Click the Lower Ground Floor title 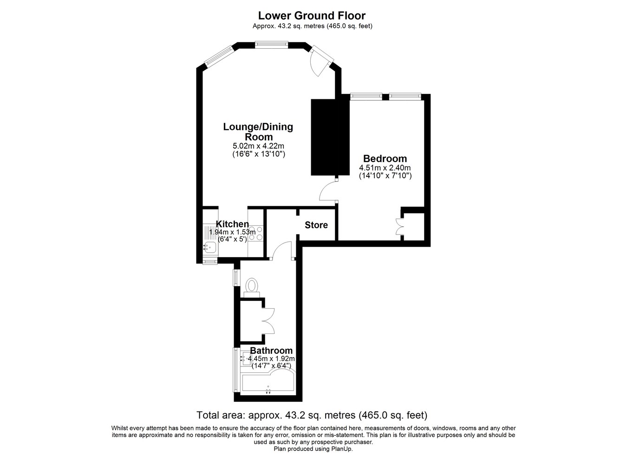(312, 16)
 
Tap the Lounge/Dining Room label (258, 131)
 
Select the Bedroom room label (385, 158)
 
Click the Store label (316, 225)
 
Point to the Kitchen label (232, 224)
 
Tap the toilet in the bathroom (252, 287)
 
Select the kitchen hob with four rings (256, 233)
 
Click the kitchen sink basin (209, 247)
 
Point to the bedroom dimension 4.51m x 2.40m (385, 168)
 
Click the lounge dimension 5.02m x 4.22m (258, 146)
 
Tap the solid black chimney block (330, 137)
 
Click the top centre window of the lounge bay (271, 44)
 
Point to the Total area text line (312, 415)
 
